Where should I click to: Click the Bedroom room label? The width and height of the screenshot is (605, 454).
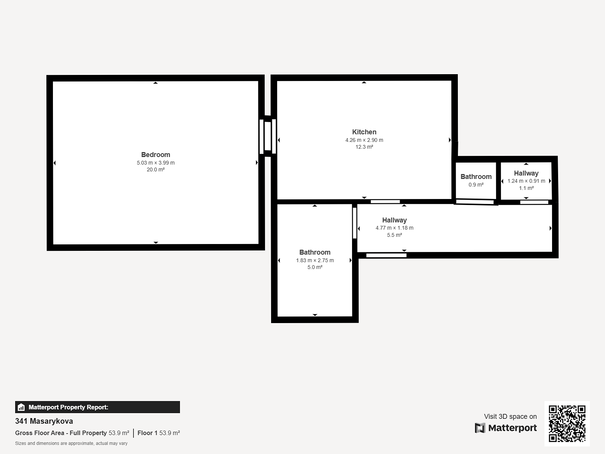[155, 155]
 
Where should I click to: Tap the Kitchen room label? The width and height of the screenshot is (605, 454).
[364, 132]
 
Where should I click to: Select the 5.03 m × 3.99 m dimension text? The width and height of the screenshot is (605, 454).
[156, 163]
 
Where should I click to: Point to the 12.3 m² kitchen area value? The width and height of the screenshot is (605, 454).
[364, 147]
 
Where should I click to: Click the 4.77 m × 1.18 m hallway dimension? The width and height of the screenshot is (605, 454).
[394, 228]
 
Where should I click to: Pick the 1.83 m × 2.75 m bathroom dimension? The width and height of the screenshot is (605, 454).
[315, 260]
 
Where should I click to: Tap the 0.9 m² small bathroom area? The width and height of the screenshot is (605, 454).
[476, 185]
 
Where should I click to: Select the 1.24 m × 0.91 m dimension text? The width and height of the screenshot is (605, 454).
[526, 181]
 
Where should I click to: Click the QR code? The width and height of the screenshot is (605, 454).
[567, 423]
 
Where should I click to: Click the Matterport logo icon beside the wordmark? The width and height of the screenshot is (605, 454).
[480, 428]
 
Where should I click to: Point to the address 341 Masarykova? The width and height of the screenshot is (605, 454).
[44, 421]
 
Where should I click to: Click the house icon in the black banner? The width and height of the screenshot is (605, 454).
[21, 407]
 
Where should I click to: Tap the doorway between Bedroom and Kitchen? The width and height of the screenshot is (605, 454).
[268, 136]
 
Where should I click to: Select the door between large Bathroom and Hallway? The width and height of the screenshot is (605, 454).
[355, 223]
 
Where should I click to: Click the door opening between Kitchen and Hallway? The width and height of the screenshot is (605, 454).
[385, 202]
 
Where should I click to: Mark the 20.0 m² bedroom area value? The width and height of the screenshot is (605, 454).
[156, 169]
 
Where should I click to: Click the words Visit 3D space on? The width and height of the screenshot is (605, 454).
[510, 417]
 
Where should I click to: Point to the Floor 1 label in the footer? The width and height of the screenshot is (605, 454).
[147, 433]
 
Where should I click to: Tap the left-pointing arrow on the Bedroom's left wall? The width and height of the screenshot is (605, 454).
[54, 163]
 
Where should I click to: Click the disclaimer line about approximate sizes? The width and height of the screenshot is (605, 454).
[71, 443]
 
